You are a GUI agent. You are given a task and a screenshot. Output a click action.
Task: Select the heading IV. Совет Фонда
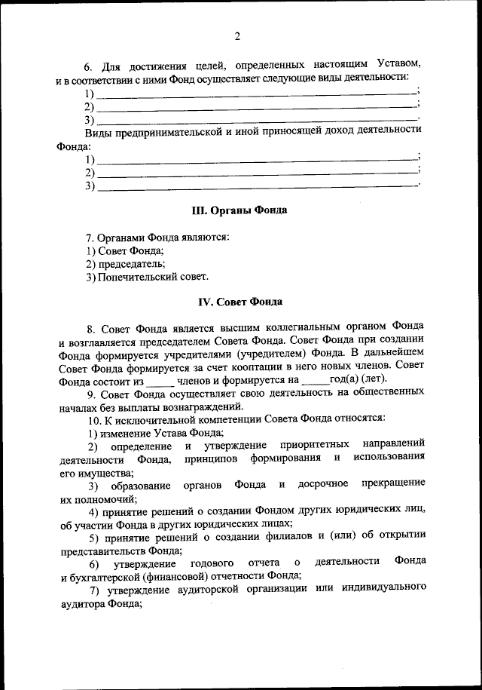(x=240, y=302)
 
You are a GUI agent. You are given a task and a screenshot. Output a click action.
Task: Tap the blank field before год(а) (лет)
(x=314, y=381)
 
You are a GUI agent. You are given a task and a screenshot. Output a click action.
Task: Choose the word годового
(x=215, y=563)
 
